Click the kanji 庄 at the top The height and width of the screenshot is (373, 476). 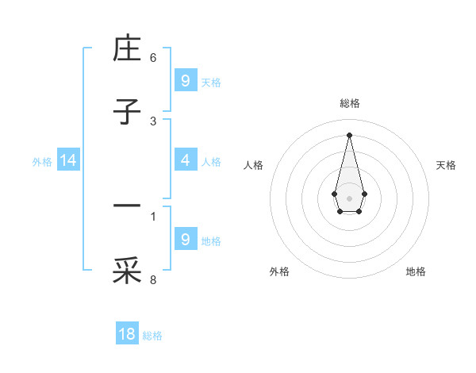127,50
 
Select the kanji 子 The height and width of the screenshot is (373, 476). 127,112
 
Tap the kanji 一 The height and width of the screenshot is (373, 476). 127,206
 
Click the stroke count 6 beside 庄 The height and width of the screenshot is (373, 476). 153,58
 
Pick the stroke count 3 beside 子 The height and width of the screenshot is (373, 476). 153,121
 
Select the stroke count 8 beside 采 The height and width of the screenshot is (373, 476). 153,279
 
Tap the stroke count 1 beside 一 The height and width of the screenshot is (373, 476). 153,215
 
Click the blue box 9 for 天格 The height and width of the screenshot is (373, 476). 185,80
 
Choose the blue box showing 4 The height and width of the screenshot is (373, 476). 185,160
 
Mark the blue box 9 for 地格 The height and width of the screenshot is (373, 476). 185,239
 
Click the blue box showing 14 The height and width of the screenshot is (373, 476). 68,160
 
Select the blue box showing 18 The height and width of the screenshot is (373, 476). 127,334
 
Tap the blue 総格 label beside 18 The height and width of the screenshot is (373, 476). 152,336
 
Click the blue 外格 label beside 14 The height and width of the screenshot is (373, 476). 42,162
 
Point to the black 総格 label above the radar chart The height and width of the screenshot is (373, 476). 349,103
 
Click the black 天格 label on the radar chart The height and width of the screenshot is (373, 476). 447,165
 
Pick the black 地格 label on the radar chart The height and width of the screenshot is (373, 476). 416,271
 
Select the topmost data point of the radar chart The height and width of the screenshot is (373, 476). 349,134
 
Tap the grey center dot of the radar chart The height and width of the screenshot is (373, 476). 349,197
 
